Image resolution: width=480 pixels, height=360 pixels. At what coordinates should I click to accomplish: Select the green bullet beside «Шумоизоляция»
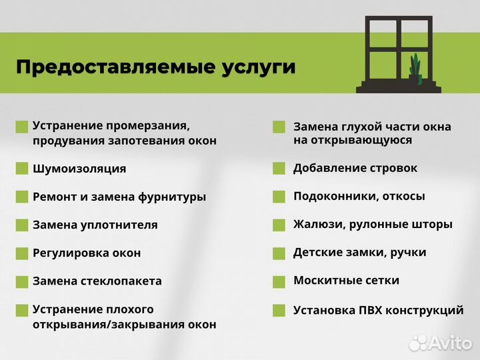coord(22,169)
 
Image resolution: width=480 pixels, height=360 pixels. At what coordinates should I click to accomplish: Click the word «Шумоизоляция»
coord(79,169)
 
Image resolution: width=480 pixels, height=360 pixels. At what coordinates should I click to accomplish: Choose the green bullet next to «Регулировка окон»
coord(22,253)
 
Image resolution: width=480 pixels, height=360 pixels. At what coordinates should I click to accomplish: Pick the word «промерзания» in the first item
coord(156,126)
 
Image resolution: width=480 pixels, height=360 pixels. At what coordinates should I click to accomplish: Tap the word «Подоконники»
coord(331,197)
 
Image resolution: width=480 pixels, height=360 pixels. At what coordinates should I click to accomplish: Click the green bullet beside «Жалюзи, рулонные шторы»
coord(279,225)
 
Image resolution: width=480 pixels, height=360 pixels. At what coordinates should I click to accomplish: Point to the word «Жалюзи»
coord(317,225)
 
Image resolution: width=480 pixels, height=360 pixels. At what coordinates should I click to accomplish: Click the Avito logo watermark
coord(441,342)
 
